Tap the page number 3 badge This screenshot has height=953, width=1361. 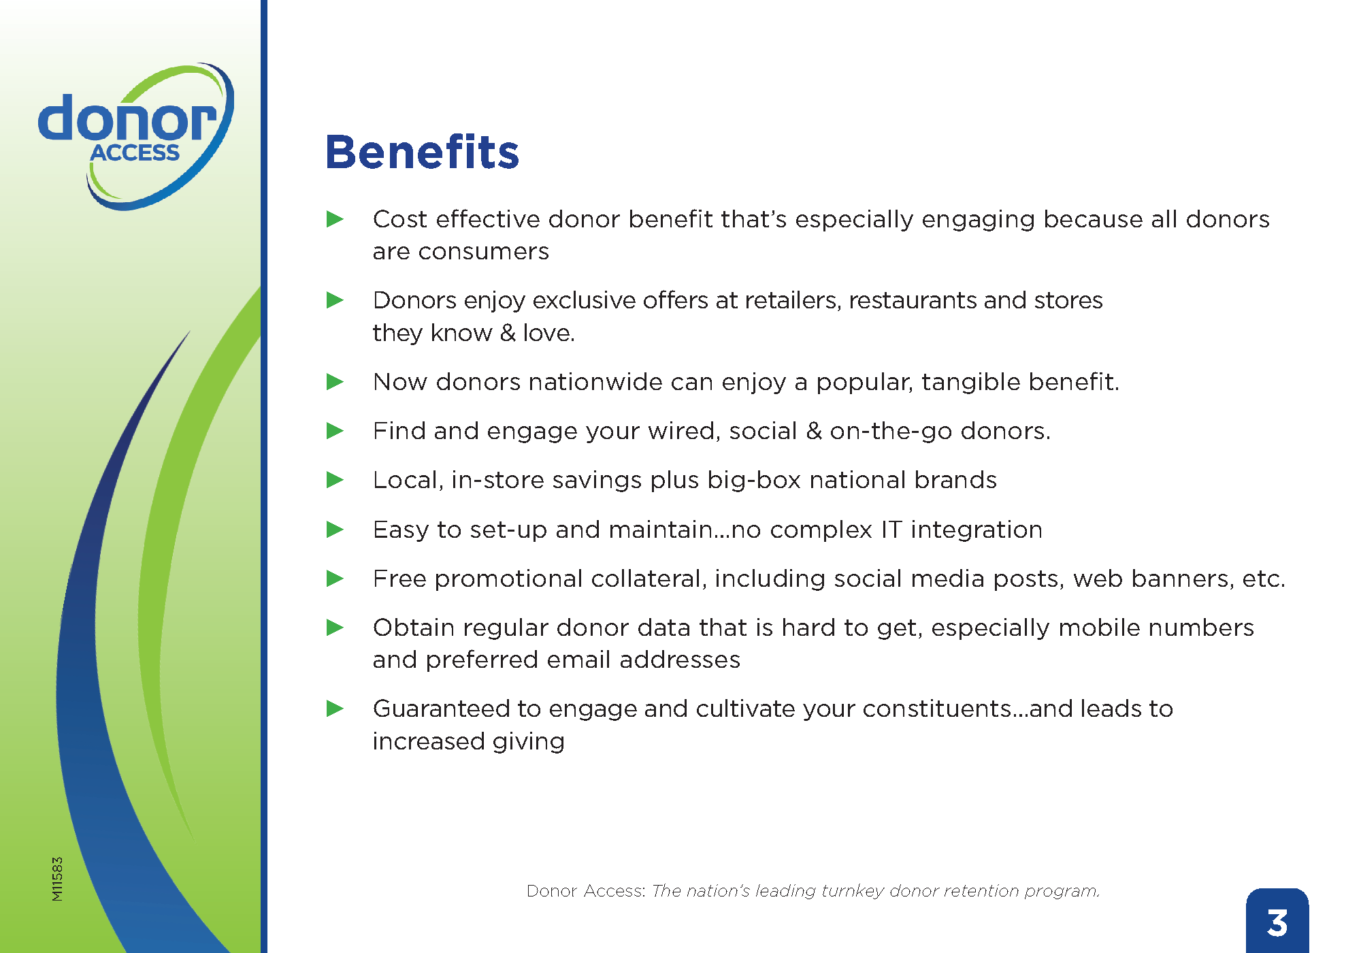(1277, 921)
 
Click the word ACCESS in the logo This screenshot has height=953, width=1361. (135, 152)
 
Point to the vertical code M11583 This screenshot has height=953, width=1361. (57, 879)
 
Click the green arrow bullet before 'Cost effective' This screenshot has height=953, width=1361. (335, 219)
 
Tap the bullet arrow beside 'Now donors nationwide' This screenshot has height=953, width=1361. (335, 381)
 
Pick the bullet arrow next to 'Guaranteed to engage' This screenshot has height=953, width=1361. (335, 709)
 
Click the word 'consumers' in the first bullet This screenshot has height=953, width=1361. (483, 253)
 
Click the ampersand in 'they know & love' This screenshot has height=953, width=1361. (508, 333)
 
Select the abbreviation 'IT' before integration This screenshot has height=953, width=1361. (891, 529)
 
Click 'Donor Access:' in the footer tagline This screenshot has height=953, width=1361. (586, 891)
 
